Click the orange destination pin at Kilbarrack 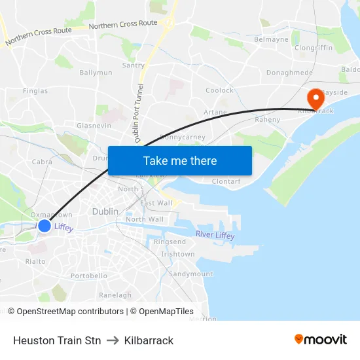coord(315,98)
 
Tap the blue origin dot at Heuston coord(44,226)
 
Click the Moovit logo coord(321,340)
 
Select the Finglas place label coord(35,91)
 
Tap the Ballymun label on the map coord(96,73)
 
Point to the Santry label coord(134,65)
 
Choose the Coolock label coord(219,90)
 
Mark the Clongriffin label coord(314,48)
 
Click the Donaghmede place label coord(289,73)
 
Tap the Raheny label coord(267,120)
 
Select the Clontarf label coord(226,181)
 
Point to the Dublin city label coord(105,211)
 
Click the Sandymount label coord(190,274)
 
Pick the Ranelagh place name coord(115,295)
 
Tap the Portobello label coord(89,276)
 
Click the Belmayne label coord(271,39)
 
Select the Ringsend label coord(170,242)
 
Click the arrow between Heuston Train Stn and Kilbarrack coord(112,340)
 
